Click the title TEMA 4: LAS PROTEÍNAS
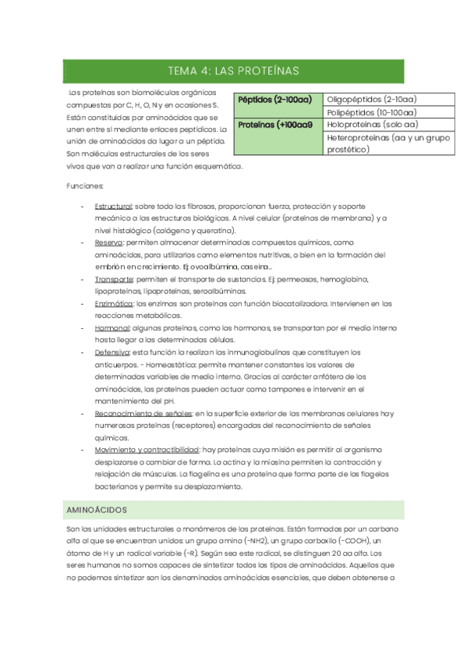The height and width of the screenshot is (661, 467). coord(233,72)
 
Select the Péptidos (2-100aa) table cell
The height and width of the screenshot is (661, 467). coord(274,100)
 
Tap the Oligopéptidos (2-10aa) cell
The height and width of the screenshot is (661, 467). coord(370,100)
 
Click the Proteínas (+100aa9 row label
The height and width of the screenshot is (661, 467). coord(274,125)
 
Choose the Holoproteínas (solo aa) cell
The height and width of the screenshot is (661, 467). coord(372,125)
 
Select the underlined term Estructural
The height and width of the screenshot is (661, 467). coord(114,206)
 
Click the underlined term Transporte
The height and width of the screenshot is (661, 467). coord(114,279)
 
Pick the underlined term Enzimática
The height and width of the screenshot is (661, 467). coord(114,303)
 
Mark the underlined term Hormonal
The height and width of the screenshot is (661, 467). coord(111,328)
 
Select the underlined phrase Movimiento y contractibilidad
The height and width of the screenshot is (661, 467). coord(147,450)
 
